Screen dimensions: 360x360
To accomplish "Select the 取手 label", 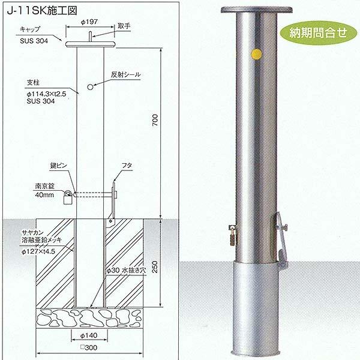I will coord(124,26).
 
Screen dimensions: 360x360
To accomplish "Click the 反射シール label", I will coord(125,75).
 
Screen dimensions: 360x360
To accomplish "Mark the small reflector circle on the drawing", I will coord(90,87).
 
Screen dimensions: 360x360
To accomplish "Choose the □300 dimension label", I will coord(91,348).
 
